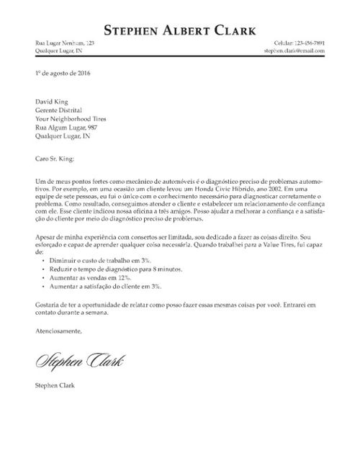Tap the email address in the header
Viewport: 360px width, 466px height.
(294, 51)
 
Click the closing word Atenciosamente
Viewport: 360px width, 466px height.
(58, 331)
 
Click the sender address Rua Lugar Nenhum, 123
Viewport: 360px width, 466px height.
(65, 44)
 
